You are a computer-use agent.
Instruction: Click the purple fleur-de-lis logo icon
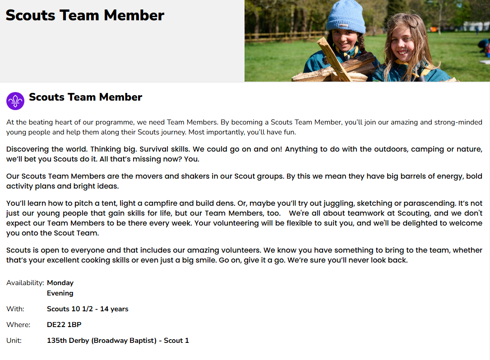coord(15,101)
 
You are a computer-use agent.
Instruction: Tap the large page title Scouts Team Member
coord(85,15)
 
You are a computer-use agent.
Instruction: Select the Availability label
coord(25,283)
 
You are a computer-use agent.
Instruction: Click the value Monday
coord(60,283)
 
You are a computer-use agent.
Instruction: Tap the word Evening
coord(60,293)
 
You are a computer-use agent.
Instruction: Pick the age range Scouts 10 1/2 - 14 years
coord(88,309)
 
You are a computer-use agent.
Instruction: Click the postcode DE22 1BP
coord(64,325)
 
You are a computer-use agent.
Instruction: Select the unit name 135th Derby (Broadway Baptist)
coord(103,341)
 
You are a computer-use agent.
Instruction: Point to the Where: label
coord(18,325)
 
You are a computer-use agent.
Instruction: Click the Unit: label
coord(14,341)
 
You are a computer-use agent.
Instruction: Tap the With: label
coord(15,309)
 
